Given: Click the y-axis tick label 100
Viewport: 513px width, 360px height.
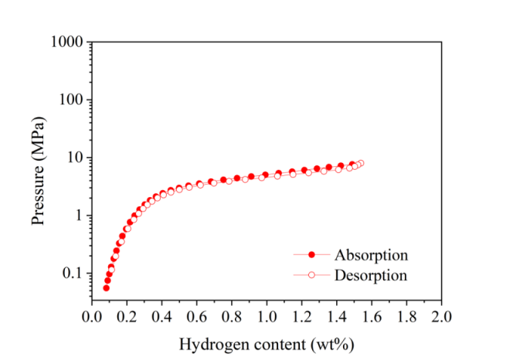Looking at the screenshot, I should click(x=70, y=100).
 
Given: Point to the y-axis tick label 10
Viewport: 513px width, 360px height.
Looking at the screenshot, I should click(x=73, y=158).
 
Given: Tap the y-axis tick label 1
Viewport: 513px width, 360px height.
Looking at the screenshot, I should click(x=77, y=216).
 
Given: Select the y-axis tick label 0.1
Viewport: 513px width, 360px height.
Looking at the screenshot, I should click(x=73, y=273).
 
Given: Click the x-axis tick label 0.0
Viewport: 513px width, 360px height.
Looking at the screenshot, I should click(x=91, y=317).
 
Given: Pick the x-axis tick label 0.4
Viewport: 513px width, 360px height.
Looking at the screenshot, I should click(x=161, y=317).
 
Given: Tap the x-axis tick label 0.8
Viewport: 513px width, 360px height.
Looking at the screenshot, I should click(x=231, y=317).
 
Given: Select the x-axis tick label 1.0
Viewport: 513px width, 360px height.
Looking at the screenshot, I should click(x=267, y=317).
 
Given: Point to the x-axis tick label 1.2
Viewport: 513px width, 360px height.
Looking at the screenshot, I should click(x=301, y=317).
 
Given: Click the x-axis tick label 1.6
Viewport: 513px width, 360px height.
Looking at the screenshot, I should click(x=372, y=317).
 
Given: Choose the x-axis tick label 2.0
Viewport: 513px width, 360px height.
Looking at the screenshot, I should click(x=441, y=317).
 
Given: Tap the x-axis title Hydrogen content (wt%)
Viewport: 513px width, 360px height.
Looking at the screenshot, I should click(x=267, y=342).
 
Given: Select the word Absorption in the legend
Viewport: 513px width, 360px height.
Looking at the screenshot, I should click(x=371, y=254).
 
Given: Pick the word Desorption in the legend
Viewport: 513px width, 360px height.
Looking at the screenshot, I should click(x=371, y=274).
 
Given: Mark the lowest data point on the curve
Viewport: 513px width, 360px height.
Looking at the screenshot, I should click(x=106, y=288).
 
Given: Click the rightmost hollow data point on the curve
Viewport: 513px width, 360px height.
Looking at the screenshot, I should click(x=360, y=163).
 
